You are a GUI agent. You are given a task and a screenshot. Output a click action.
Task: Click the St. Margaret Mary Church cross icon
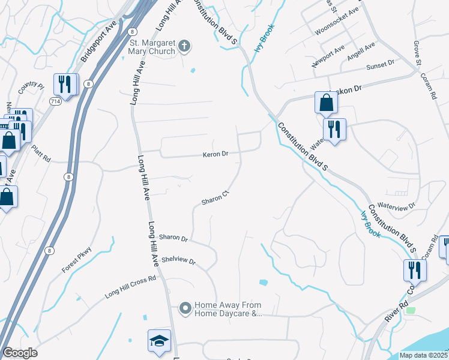click(x=185, y=45)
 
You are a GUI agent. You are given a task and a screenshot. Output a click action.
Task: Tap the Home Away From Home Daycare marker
click(x=185, y=308)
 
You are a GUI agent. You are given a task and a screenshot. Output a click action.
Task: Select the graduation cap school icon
click(x=158, y=341)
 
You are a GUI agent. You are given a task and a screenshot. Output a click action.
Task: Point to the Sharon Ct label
click(x=215, y=197)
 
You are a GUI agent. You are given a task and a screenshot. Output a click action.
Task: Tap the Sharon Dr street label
click(x=173, y=238)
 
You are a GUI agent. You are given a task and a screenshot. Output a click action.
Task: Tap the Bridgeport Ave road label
click(x=98, y=44)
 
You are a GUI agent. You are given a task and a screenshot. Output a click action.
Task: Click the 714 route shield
click(x=55, y=102)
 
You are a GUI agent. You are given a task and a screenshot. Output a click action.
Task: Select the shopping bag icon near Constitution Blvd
click(x=326, y=103)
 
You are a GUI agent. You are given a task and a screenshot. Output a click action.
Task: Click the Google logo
click(x=20, y=353)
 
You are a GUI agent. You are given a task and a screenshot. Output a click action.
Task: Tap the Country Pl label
click(x=31, y=88)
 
